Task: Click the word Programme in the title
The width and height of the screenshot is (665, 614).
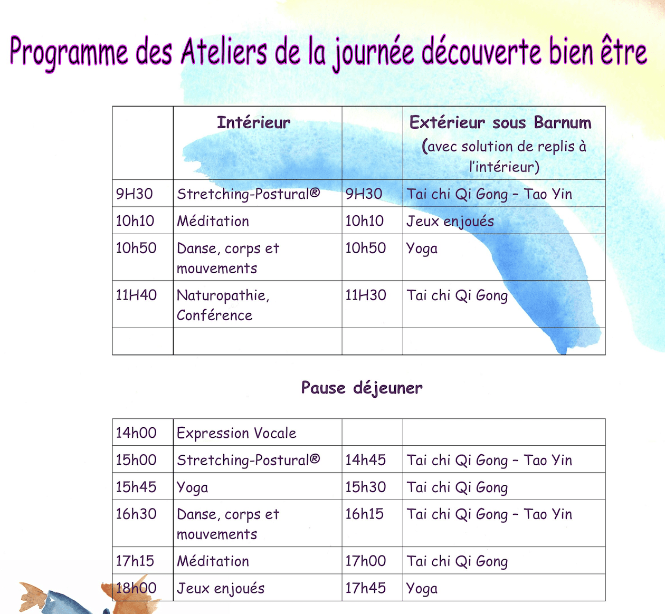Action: tap(69, 52)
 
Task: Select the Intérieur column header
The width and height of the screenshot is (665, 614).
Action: tap(253, 122)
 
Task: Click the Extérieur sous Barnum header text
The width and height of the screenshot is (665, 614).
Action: tap(500, 122)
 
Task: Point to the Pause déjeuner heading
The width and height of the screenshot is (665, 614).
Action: tap(362, 388)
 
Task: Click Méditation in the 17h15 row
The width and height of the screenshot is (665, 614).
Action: tap(213, 561)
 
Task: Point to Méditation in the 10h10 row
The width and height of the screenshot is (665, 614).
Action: tap(213, 221)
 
